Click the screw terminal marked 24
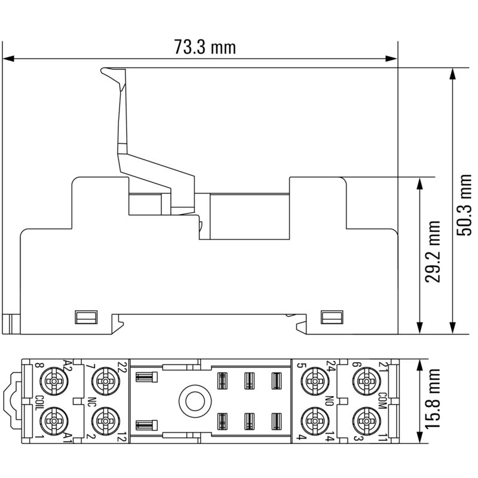click(x=313, y=379)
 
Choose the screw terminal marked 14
click(x=313, y=420)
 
